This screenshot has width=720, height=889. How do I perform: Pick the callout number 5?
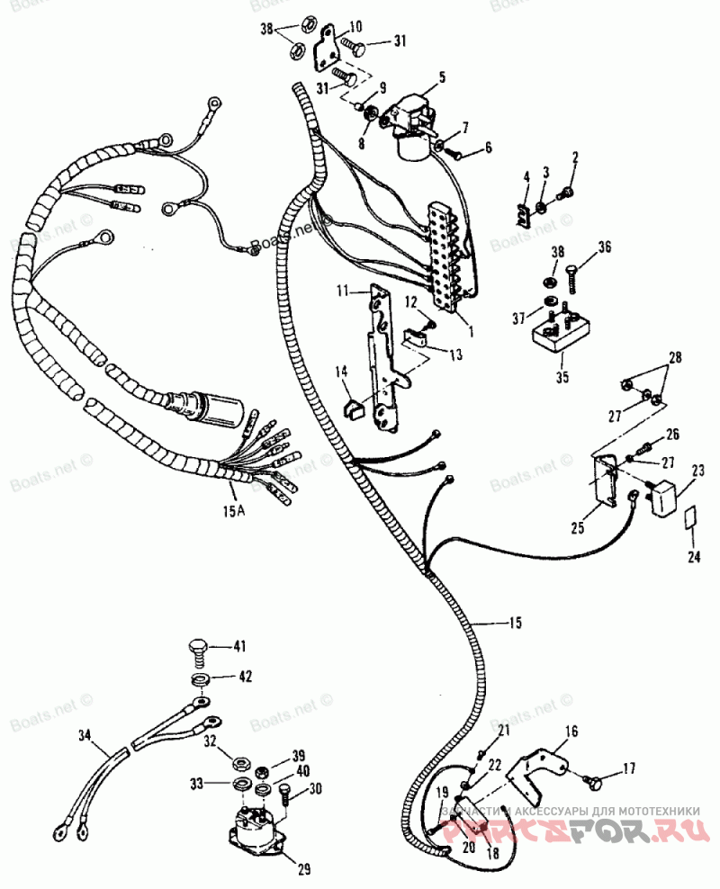pyautogui.click(x=442, y=77)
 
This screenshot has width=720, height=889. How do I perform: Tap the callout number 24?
pyautogui.click(x=693, y=558)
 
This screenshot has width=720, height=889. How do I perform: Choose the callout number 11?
pyautogui.click(x=343, y=291)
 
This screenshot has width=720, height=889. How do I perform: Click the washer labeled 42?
pyautogui.click(x=199, y=677)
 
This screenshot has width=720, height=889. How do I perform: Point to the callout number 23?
pyautogui.click(x=698, y=469)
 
